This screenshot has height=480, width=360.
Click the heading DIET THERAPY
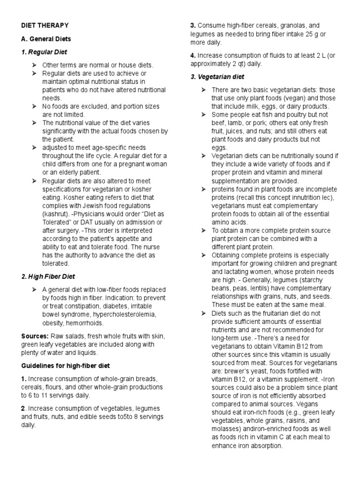tap(45, 25)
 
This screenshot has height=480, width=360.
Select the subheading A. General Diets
tap(45, 38)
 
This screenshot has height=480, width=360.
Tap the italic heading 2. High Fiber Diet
tap(48, 277)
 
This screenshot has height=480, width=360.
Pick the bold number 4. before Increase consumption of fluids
tap(193, 55)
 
